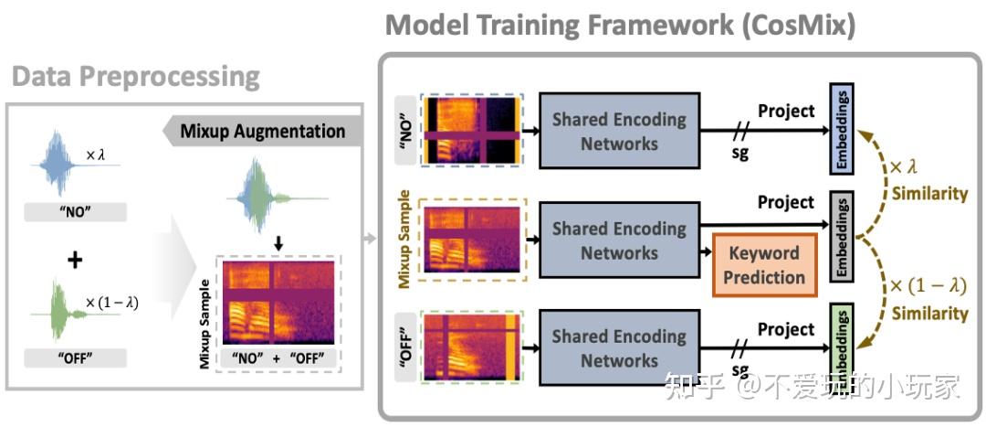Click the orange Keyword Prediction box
point(765,264)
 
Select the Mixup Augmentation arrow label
point(263,131)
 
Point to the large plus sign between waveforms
point(75,260)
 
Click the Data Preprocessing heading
point(136,76)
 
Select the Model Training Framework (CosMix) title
point(620,25)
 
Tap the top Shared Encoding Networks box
point(618,131)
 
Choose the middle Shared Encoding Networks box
point(618,240)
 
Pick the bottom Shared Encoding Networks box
point(618,348)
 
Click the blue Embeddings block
point(841,129)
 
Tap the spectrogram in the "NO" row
point(471,131)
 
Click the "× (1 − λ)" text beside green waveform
point(112,303)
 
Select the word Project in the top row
point(786,111)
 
